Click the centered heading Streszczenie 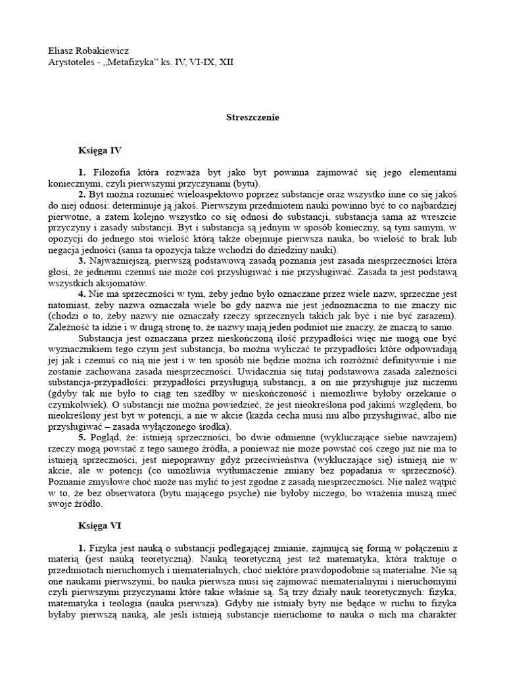(x=252, y=117)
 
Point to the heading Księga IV (x=101, y=150)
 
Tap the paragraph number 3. (x=82, y=261)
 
